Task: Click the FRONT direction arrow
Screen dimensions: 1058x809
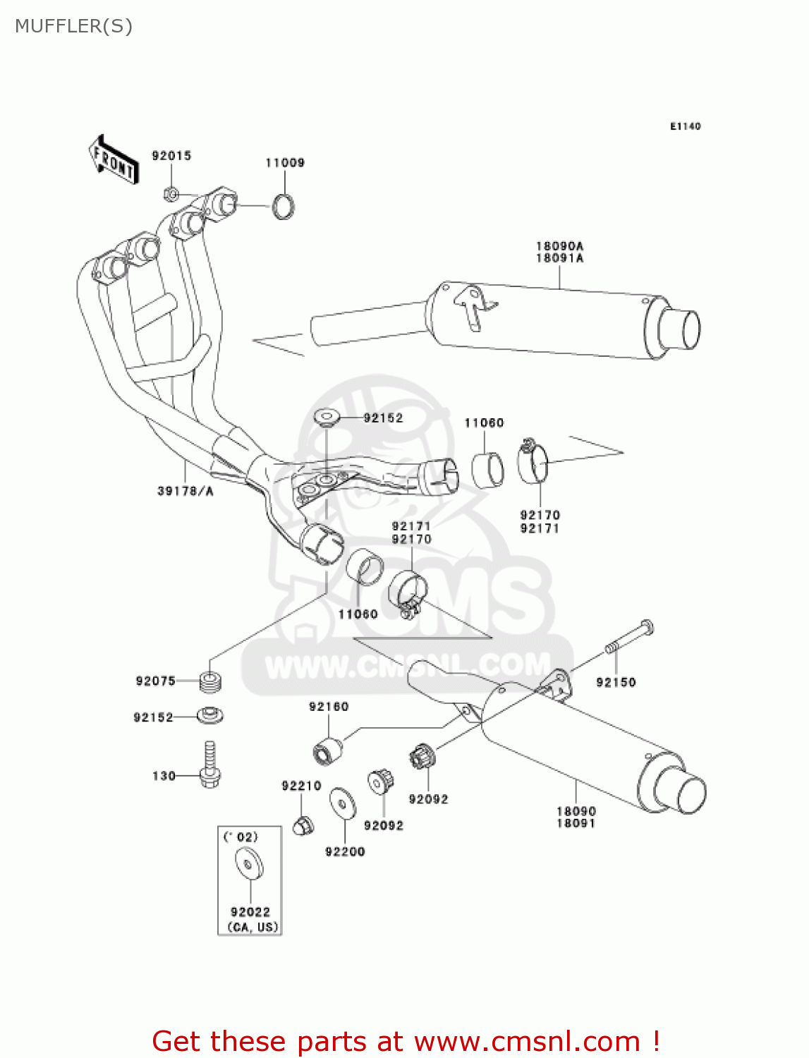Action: [x=113, y=160]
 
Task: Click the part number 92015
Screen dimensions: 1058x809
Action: [x=171, y=156]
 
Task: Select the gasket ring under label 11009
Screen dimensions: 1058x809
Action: [x=284, y=207]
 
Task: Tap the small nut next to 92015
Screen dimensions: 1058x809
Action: [x=171, y=193]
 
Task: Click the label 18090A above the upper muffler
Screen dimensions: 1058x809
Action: [x=559, y=246]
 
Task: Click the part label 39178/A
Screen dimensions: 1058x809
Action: [x=185, y=491]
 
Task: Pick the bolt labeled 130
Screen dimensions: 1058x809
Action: [x=209, y=765]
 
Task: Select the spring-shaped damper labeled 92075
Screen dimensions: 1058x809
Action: [x=211, y=681]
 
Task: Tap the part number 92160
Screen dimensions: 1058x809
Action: [x=329, y=707]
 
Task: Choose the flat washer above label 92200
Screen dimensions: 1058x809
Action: [x=343, y=803]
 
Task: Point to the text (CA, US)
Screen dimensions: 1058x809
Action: [x=253, y=927]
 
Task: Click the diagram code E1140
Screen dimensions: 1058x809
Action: [x=685, y=126]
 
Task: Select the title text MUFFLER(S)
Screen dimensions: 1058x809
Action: [x=73, y=26]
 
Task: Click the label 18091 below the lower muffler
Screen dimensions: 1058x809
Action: [x=576, y=823]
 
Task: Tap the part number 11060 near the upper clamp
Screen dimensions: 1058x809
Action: [x=484, y=423]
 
